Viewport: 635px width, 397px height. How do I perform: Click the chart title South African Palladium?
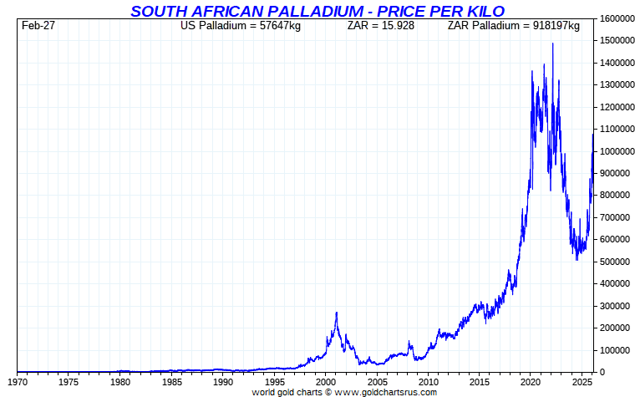317,11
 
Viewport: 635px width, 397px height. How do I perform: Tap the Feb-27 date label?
38,26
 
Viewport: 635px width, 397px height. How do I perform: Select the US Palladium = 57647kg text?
241,26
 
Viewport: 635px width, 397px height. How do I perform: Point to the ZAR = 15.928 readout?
380,26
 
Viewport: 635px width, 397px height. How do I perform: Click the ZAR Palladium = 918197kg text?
513,26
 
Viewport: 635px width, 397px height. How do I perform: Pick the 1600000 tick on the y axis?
614,18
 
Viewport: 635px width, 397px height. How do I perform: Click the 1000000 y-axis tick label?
614,151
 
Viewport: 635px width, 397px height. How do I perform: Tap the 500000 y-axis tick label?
612,262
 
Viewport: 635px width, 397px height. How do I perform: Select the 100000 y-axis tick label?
612,350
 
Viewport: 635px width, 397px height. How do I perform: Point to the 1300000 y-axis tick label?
614,84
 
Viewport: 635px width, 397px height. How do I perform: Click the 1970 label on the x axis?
18,383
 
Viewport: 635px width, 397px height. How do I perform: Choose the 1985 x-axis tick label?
171,383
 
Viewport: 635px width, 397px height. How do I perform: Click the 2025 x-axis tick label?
581,383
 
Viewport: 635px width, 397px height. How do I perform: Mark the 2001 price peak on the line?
337,313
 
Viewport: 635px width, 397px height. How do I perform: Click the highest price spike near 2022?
552,43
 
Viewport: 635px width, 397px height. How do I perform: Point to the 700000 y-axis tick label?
612,217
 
